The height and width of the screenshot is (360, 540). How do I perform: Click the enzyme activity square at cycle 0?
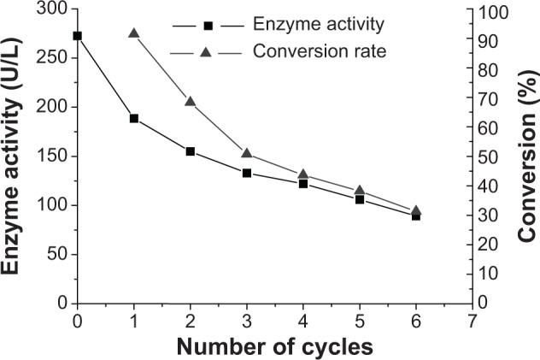click(78, 36)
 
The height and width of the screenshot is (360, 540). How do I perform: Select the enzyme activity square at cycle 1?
click(134, 118)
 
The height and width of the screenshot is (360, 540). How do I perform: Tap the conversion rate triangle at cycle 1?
click(134, 33)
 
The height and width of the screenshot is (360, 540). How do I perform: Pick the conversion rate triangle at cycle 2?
click(191, 101)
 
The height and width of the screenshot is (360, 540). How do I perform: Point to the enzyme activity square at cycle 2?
click(191, 151)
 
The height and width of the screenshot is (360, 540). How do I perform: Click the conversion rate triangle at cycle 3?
click(247, 153)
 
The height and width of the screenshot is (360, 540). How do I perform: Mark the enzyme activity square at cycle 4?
click(303, 183)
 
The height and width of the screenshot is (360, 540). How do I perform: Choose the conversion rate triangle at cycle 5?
click(360, 190)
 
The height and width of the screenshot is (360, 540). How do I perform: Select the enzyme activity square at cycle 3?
click(247, 173)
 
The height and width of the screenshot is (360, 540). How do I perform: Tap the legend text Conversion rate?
click(320, 51)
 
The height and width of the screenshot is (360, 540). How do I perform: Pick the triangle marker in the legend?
click(205, 51)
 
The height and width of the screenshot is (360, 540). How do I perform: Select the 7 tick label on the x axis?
click(472, 324)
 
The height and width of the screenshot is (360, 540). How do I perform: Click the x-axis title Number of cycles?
click(275, 347)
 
